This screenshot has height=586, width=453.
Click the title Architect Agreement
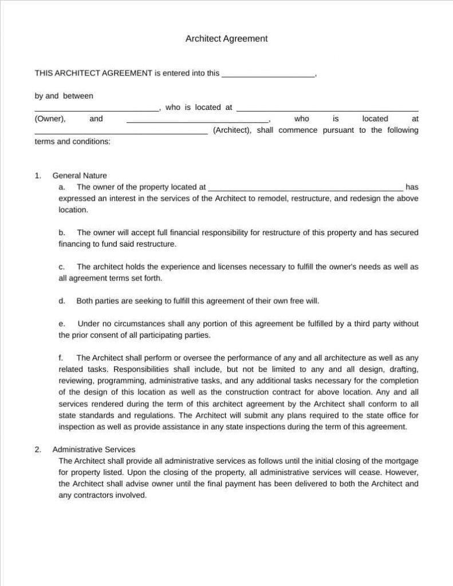click(x=226, y=39)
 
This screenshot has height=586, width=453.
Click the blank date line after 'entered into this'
click(x=267, y=74)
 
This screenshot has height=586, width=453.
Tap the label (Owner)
click(x=50, y=118)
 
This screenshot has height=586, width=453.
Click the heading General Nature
click(x=80, y=176)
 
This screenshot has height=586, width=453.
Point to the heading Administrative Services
click(x=93, y=449)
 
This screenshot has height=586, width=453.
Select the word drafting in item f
click(x=404, y=369)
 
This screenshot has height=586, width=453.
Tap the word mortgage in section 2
click(x=400, y=461)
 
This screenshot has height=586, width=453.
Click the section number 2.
click(x=38, y=449)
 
